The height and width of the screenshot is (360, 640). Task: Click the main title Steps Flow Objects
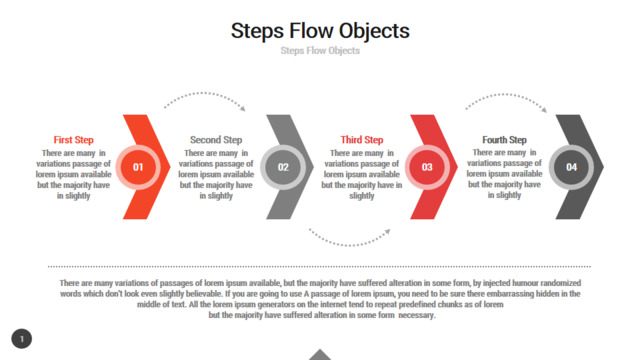(320, 31)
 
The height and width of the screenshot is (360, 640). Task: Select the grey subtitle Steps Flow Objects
(320, 51)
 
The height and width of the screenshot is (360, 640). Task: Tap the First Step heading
(73, 140)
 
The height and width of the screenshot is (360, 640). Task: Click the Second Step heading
(216, 140)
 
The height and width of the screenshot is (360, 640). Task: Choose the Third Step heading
(362, 140)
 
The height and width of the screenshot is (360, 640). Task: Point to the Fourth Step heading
(504, 140)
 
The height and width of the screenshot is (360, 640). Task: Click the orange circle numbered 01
(138, 167)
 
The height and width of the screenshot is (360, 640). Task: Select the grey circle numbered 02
(283, 167)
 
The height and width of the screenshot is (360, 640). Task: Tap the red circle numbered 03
(427, 167)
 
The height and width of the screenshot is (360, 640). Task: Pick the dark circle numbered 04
(571, 167)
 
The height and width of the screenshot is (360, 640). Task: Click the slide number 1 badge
(22, 339)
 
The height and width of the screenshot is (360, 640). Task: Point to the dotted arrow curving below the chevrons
(349, 245)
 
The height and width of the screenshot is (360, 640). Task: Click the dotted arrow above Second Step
(203, 93)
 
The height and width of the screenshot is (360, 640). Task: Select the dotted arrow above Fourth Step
(505, 94)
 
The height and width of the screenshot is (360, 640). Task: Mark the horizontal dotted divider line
(320, 267)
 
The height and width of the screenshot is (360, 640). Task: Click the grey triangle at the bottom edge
(320, 355)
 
